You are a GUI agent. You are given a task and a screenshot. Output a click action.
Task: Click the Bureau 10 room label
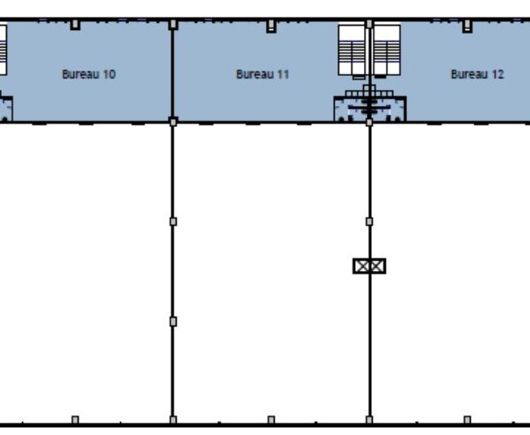89,74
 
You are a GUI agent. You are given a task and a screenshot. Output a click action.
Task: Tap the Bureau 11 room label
262,74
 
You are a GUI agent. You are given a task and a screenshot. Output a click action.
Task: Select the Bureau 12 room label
477,74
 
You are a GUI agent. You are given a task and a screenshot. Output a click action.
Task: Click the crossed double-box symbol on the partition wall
369,266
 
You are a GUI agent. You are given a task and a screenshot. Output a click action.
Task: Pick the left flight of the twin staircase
352,50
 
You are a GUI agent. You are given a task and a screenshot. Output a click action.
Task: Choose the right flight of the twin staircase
387,50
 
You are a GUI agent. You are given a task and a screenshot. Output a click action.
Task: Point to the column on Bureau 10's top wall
75,25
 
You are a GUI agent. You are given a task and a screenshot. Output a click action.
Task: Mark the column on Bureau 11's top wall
271,26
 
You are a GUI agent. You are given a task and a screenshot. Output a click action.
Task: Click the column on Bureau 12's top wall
467,26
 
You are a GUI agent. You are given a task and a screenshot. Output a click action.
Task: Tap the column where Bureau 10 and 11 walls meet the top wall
173,25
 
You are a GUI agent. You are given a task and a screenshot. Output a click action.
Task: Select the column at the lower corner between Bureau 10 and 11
173,122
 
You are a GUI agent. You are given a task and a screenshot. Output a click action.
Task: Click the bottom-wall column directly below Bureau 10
75,420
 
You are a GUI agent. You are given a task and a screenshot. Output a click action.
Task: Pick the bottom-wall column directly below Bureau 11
271,420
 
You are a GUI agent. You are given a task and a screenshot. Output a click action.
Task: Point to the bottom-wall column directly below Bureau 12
467,420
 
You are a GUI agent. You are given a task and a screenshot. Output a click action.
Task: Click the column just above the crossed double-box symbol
369,221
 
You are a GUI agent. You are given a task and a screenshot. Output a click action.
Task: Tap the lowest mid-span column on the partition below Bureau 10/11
173,321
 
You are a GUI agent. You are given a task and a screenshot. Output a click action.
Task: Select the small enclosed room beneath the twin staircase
370,109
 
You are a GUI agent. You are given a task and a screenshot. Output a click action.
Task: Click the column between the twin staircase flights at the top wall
369,24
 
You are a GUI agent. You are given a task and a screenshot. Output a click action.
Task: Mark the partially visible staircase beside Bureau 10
3,50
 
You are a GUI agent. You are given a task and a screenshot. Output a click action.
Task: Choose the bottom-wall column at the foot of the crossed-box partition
369,420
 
